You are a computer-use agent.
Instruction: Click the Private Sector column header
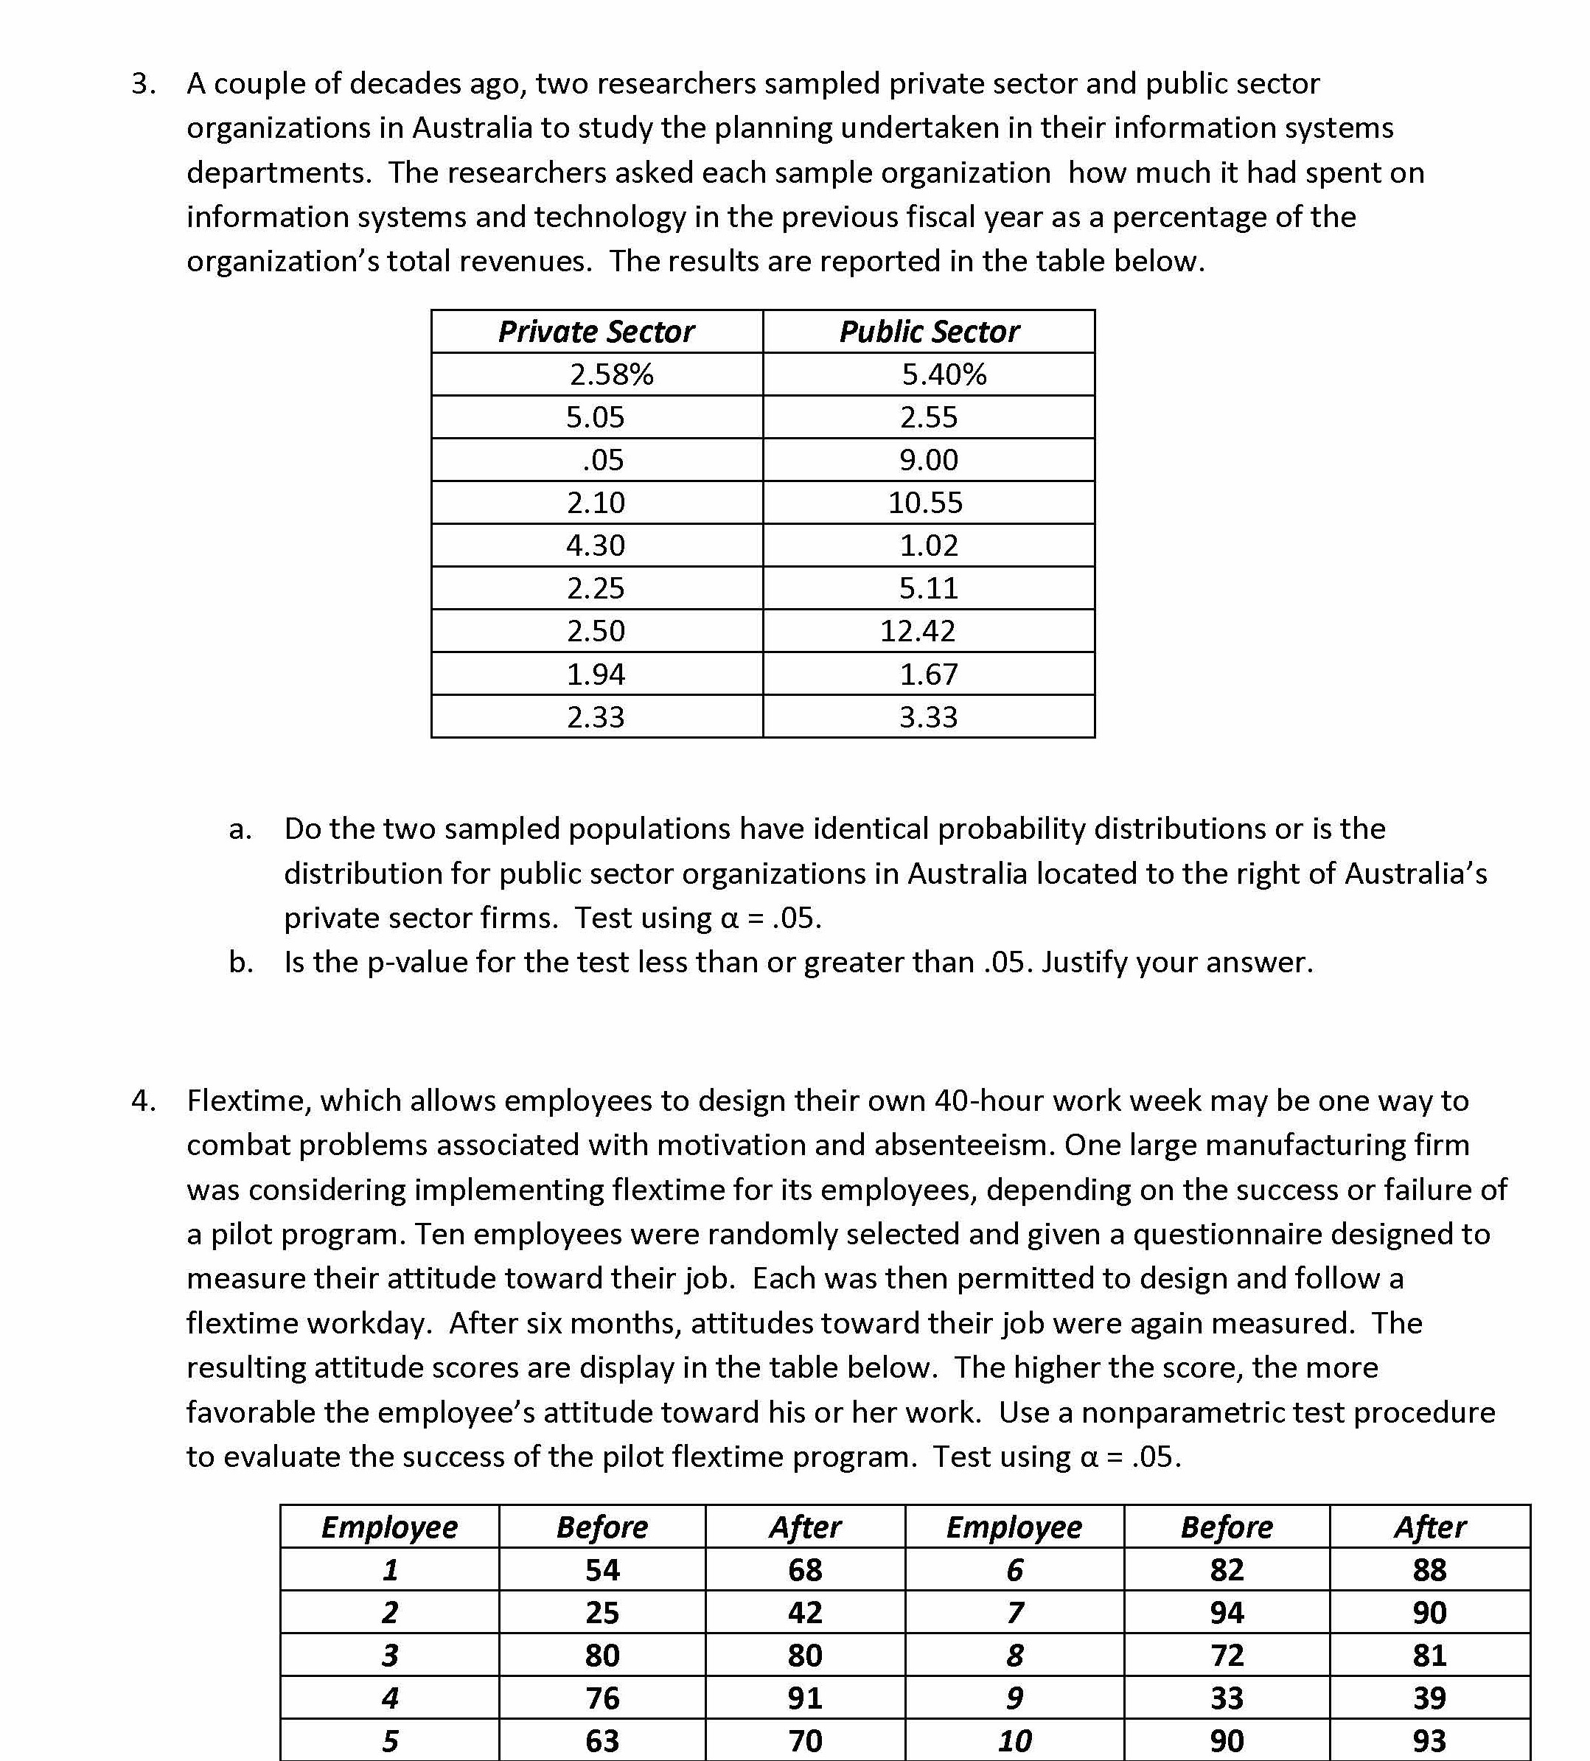click(x=596, y=332)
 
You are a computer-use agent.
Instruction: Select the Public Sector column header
click(x=929, y=332)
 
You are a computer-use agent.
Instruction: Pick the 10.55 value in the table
click(x=925, y=502)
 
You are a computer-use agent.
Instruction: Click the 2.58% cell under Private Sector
click(x=612, y=374)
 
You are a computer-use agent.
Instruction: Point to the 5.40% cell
click(x=944, y=374)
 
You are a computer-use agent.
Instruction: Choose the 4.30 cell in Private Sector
click(x=596, y=545)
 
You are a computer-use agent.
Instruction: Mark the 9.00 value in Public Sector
click(x=929, y=459)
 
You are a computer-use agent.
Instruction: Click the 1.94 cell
click(x=596, y=674)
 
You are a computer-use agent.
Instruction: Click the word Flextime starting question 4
click(x=249, y=1101)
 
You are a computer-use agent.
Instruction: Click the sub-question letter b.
click(x=241, y=963)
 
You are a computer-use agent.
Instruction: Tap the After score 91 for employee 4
click(x=805, y=1698)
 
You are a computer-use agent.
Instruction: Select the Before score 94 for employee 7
click(x=1227, y=1613)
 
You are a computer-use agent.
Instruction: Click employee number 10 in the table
click(x=1014, y=1741)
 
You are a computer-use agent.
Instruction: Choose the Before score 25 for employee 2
click(x=602, y=1613)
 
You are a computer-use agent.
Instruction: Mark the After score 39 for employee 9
click(x=1429, y=1698)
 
